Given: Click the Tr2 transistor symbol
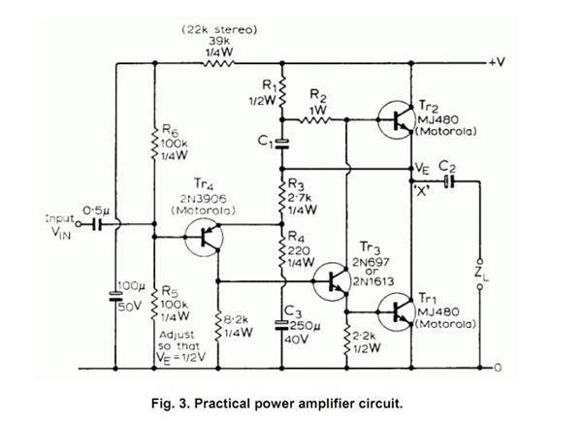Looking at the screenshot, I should [396, 120].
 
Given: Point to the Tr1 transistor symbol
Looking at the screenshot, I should [396, 311].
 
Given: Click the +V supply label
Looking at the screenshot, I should [498, 62].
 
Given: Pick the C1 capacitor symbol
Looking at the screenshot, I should [283, 143].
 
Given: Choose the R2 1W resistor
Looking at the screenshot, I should [319, 120].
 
